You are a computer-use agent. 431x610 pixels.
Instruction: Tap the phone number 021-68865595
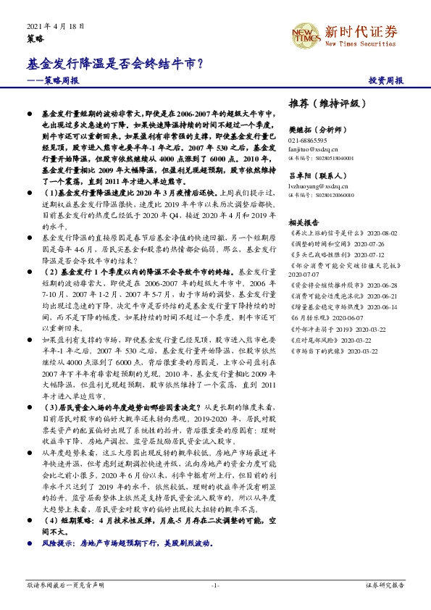[x=308, y=140]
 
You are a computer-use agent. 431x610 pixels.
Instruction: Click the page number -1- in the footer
[x=215, y=584]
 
